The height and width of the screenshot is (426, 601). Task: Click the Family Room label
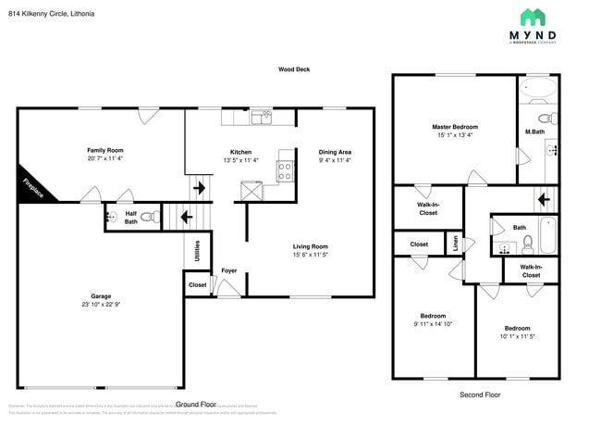pyautogui.click(x=104, y=150)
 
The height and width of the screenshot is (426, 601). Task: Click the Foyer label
pyautogui.click(x=228, y=270)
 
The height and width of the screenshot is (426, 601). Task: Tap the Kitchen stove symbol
pyautogui.click(x=285, y=170)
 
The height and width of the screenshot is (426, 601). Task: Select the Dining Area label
pyautogui.click(x=334, y=152)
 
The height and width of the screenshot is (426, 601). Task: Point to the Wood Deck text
pyautogui.click(x=295, y=69)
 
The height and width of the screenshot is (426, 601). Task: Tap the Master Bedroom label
pyautogui.click(x=453, y=126)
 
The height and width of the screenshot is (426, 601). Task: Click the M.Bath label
pyautogui.click(x=534, y=132)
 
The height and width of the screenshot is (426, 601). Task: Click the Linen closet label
pyautogui.click(x=455, y=244)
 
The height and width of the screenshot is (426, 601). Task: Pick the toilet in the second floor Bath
pyautogui.click(x=527, y=244)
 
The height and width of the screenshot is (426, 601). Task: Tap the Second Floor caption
pyautogui.click(x=479, y=395)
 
